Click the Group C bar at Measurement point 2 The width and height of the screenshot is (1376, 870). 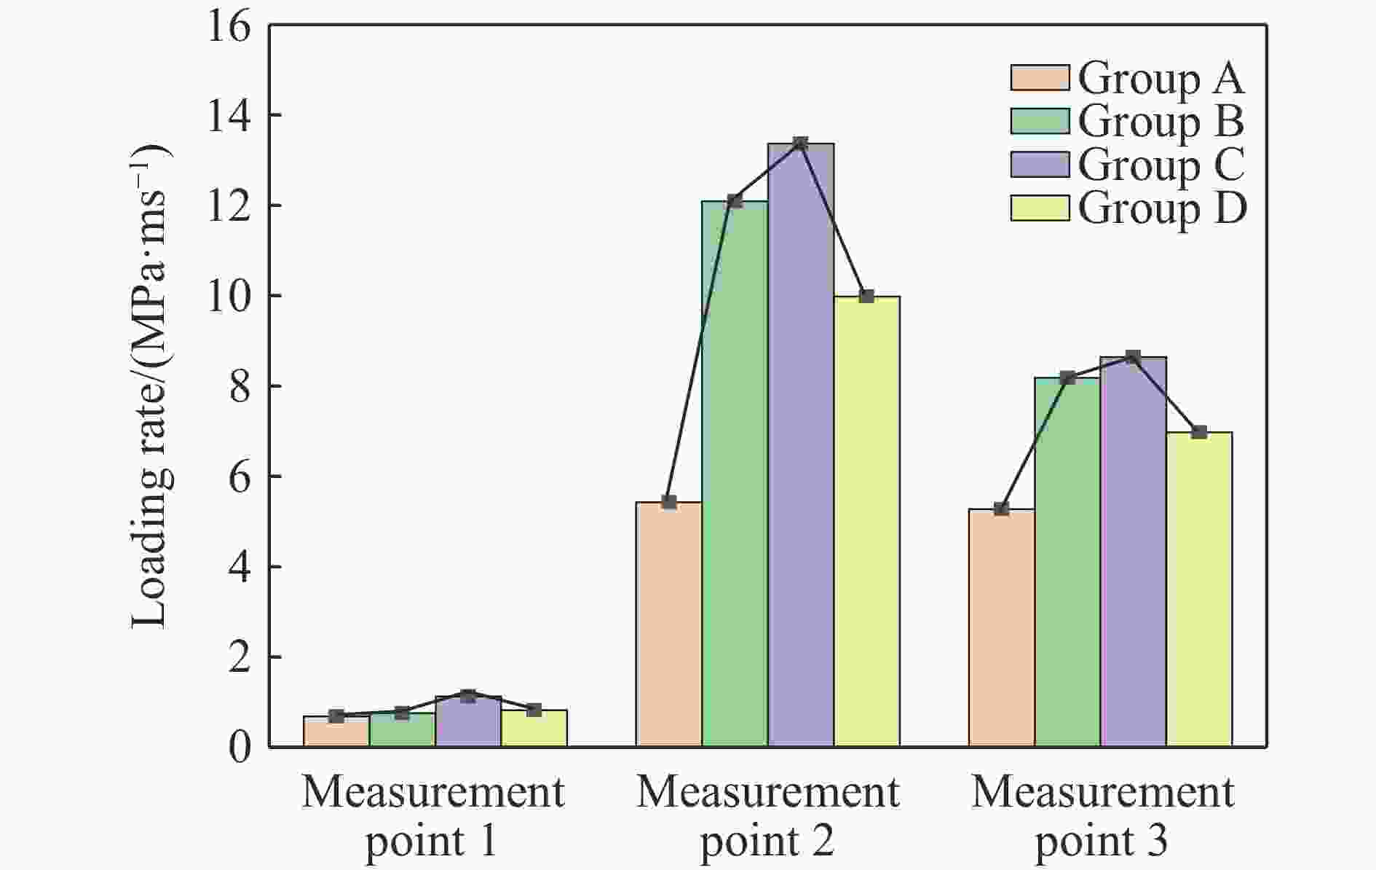(801, 444)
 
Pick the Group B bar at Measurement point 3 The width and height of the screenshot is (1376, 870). (1067, 561)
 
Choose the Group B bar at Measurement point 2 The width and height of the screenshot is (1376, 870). (735, 474)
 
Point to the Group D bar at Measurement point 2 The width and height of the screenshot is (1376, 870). (866, 521)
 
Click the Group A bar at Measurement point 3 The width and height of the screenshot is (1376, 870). (1001, 627)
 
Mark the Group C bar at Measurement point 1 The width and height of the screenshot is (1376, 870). (468, 721)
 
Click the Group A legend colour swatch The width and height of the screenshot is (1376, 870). (1040, 78)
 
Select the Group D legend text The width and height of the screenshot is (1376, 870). (1162, 208)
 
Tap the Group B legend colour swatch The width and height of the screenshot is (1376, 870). (1040, 122)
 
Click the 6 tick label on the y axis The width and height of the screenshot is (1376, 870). (239, 476)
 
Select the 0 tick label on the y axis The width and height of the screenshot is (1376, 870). (239, 747)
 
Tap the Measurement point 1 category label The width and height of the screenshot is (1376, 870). (433, 816)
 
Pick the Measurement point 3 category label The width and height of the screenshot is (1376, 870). (1102, 816)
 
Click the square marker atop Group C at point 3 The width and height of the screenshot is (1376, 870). (1133, 357)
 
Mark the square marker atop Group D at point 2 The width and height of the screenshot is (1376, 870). (866, 296)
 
